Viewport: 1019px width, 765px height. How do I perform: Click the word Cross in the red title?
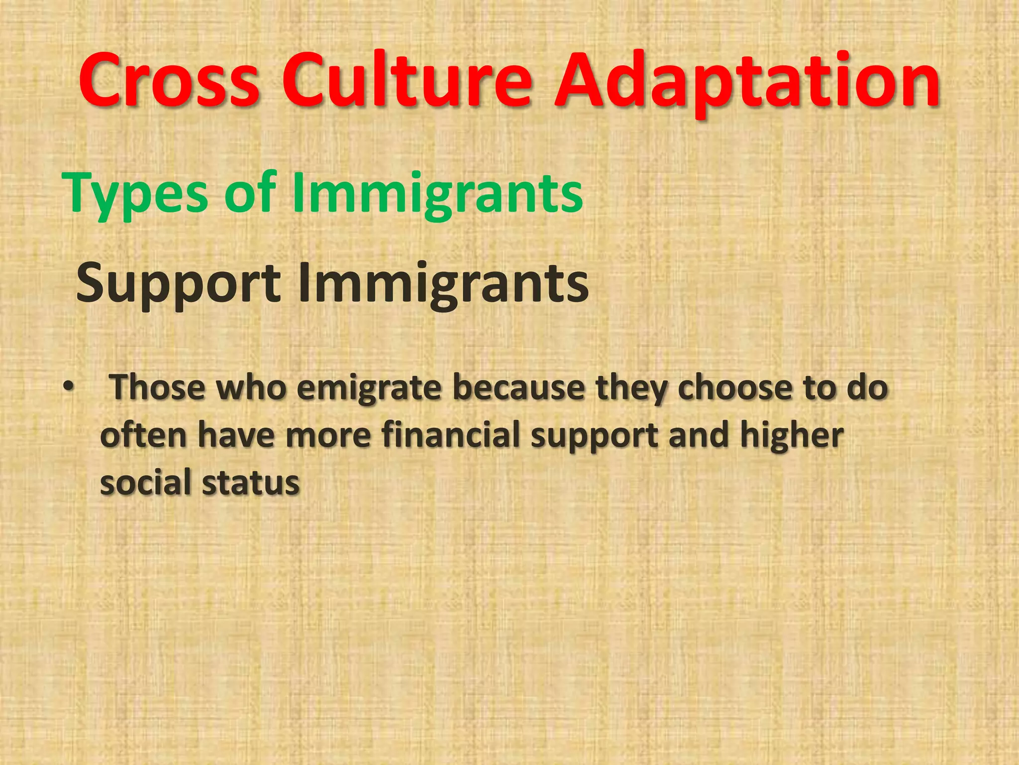point(169,81)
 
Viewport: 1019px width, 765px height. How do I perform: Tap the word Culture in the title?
point(407,81)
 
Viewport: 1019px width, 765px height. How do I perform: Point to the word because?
point(518,387)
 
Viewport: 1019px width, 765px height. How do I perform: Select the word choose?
point(734,387)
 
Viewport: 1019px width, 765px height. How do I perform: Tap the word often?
point(143,435)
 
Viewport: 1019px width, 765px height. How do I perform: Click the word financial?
point(451,435)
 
